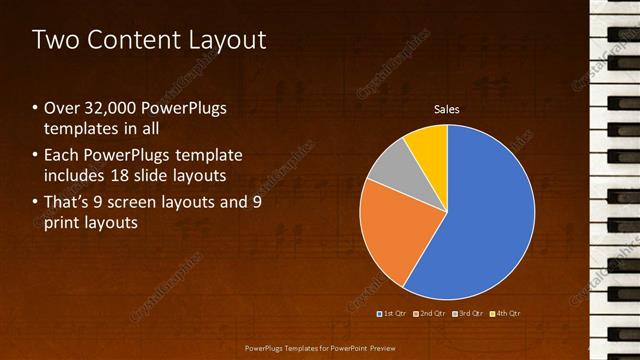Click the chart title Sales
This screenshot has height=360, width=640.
tap(446, 109)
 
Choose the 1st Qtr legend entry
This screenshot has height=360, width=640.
tap(393, 313)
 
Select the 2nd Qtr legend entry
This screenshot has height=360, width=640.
tap(430, 313)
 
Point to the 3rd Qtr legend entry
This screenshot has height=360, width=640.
tap(468, 313)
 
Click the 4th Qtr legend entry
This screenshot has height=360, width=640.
tap(505, 313)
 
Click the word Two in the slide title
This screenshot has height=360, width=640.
tap(56, 41)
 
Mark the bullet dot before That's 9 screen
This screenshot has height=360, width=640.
tap(35, 202)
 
